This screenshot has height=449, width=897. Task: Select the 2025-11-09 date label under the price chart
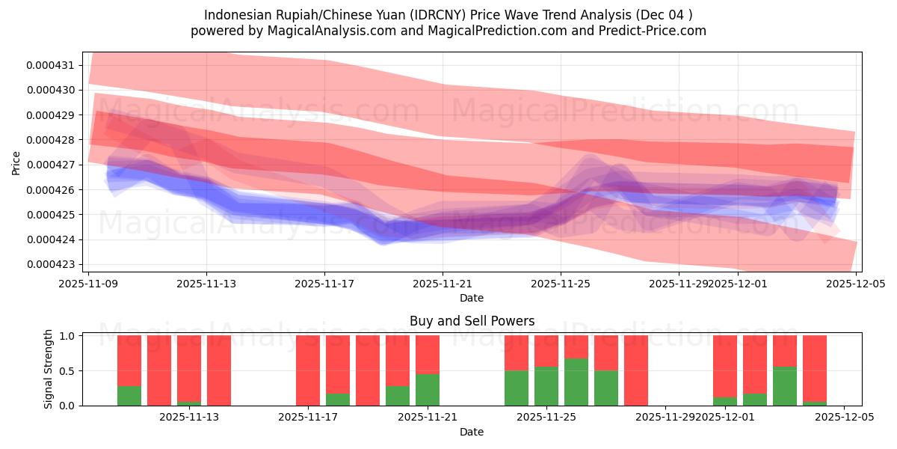click(x=89, y=284)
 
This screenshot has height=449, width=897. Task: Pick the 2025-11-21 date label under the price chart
click(x=443, y=284)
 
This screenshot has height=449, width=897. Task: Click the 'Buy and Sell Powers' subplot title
click(x=472, y=321)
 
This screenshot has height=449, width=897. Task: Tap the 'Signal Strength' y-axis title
click(x=49, y=369)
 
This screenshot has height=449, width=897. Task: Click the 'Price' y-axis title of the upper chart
click(x=16, y=162)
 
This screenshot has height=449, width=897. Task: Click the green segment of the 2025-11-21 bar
click(x=428, y=390)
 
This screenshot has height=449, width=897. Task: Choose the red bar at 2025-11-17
click(x=308, y=370)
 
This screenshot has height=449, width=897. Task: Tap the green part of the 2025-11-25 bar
click(x=546, y=386)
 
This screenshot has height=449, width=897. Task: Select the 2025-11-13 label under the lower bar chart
click(x=189, y=418)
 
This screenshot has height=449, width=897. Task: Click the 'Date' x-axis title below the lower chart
click(x=471, y=432)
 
